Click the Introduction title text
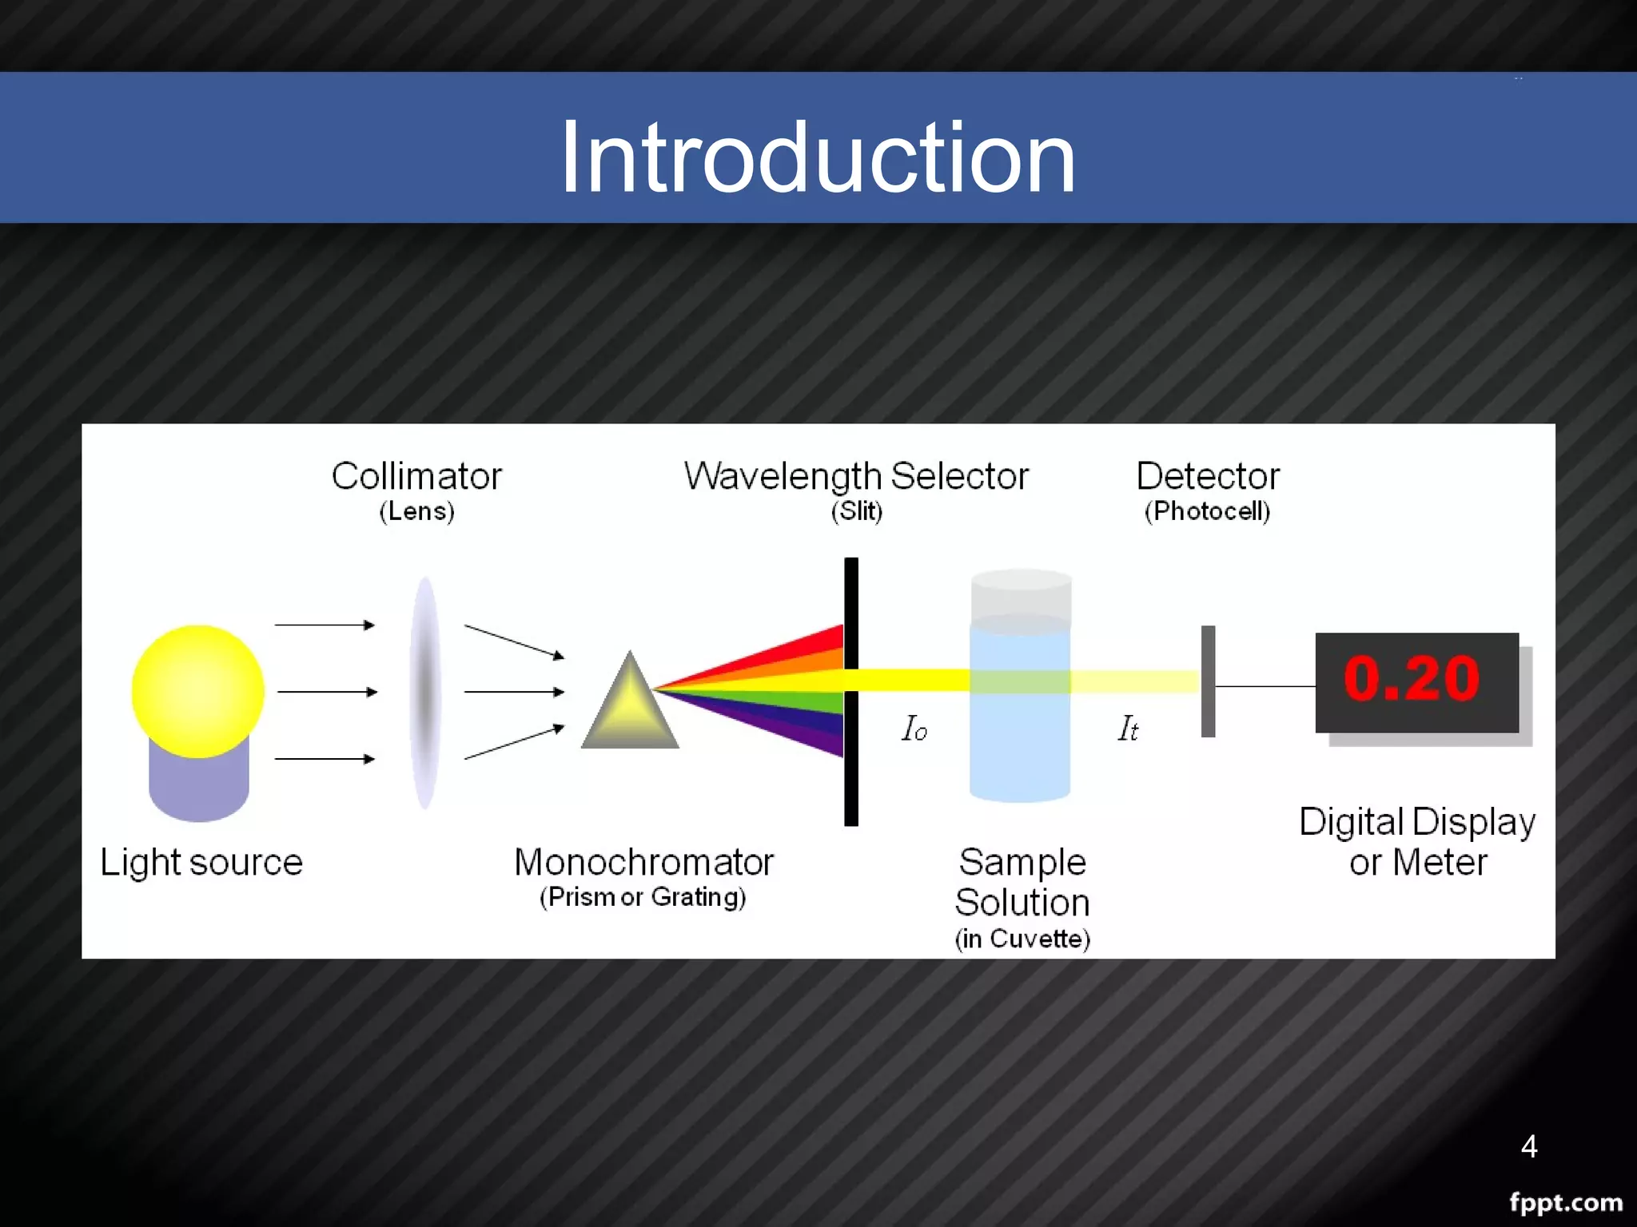pos(818,157)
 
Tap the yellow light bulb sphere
pos(197,689)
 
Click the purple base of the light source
pos(199,787)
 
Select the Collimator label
pos(416,476)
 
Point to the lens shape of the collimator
pos(425,692)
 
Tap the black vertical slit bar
pos(851,767)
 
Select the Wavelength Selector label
pos(856,476)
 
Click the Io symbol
pos(914,729)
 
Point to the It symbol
pos(1127,729)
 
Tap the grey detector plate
pos(1208,681)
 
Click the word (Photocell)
pos(1207,511)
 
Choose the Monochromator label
pos(643,863)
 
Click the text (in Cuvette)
pos(1022,939)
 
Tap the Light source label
pos(201,863)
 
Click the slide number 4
pos(1528,1146)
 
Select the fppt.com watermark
pos(1565,1202)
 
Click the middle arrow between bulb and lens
pos(326,692)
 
